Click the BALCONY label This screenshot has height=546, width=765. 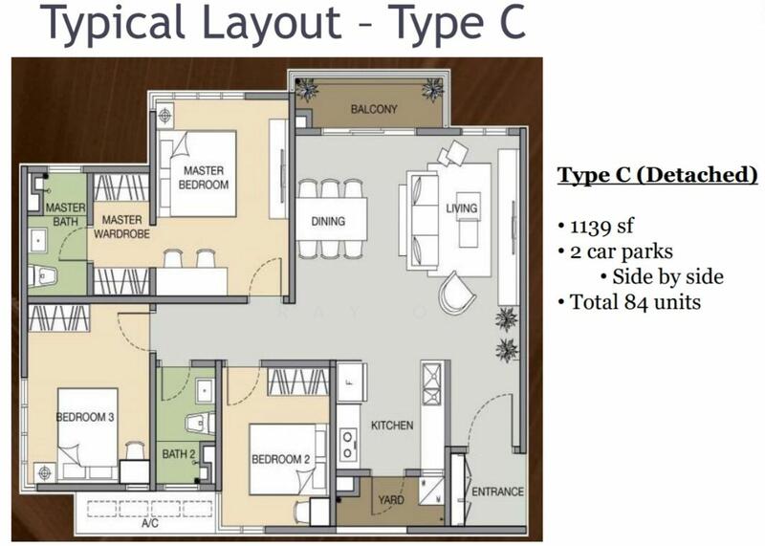pos(374,109)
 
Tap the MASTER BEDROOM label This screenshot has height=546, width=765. pos(204,178)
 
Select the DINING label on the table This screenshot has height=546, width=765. pos(328,222)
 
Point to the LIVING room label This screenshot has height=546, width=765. pos(462,208)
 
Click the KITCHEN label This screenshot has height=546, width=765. pos(392,426)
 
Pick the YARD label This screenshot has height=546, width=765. pos(391,500)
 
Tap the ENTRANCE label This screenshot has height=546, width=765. pos(497,491)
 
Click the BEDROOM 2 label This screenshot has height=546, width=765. pos(280,459)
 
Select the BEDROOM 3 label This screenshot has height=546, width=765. pos(85,417)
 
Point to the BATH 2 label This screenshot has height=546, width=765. pos(179,454)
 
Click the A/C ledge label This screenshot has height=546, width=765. pos(150,524)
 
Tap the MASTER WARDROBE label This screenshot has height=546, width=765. pos(121,227)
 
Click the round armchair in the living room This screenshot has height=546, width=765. pos(457,293)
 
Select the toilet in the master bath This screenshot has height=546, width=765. pos(42,276)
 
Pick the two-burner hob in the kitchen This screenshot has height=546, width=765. pos(347,445)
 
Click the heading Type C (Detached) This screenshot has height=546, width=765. pos(658,175)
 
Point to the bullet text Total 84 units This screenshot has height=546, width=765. pos(635,302)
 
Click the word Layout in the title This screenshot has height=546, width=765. pos(272,22)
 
